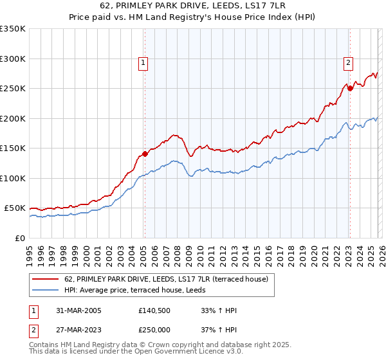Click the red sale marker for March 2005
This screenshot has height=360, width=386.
(145, 154)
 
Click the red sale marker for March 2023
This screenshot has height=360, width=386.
(350, 89)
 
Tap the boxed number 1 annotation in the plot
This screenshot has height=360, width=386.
(142, 62)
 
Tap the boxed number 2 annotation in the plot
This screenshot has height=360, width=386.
(347, 62)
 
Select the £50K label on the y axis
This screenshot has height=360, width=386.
(14, 208)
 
